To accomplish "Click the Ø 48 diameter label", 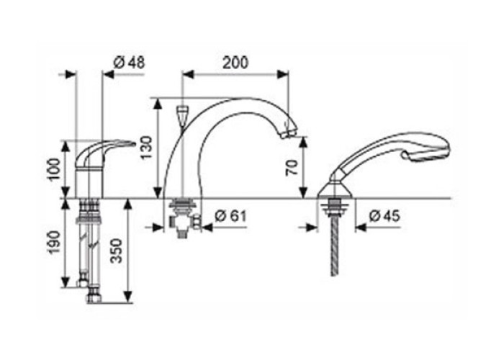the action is pyautogui.click(x=130, y=63).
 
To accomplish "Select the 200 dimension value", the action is pyautogui.click(x=235, y=63).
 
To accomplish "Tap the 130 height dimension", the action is pyautogui.click(x=146, y=148).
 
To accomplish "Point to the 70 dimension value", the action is pyautogui.click(x=292, y=168).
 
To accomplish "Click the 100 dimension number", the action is pyautogui.click(x=54, y=170).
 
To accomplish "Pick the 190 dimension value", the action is pyautogui.click(x=54, y=242).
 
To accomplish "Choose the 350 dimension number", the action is pyautogui.click(x=117, y=251).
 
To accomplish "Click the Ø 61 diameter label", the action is pyautogui.click(x=230, y=216).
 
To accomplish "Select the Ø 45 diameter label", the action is pyautogui.click(x=384, y=216).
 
